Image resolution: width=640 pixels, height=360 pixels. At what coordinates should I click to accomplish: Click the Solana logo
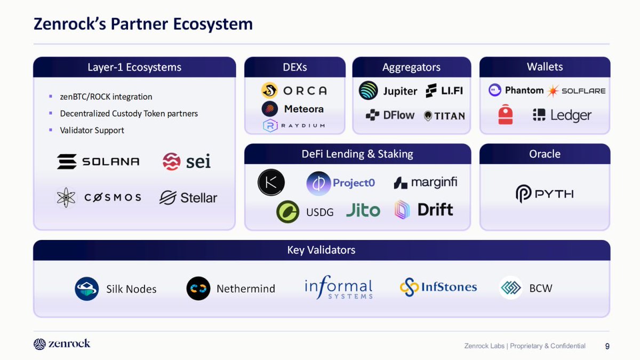point(98,161)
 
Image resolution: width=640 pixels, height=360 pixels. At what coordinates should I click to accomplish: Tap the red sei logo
point(187,161)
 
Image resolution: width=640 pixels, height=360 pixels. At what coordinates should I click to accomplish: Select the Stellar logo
point(188,198)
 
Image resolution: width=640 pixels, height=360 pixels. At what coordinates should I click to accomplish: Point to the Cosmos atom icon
point(66,197)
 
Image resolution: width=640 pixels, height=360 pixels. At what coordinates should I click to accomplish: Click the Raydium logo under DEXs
point(294,126)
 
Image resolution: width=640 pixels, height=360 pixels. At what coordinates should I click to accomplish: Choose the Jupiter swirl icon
point(369,91)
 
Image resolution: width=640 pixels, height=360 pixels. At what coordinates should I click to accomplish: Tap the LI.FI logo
point(444,91)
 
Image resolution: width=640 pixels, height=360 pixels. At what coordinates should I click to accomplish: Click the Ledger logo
point(562,115)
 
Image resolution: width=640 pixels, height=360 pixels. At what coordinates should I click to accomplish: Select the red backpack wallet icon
point(506,115)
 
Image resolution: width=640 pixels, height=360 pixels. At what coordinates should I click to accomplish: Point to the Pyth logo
point(545,194)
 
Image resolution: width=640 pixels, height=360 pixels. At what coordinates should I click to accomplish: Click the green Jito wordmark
point(363,211)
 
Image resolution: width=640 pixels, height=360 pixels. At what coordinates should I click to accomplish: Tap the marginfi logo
point(425,183)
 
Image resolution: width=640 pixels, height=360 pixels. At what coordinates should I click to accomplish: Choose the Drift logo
point(423,210)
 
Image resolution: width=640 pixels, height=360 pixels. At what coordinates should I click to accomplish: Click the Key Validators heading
point(321,250)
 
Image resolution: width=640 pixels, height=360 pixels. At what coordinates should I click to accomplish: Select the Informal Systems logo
point(339,289)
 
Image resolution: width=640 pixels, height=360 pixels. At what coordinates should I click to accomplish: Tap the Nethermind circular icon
point(198,289)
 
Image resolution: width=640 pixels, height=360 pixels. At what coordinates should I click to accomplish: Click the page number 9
point(607,346)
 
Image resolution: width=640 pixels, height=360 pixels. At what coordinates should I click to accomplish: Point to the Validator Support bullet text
point(92,130)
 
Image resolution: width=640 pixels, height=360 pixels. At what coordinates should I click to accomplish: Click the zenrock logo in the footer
point(62,344)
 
